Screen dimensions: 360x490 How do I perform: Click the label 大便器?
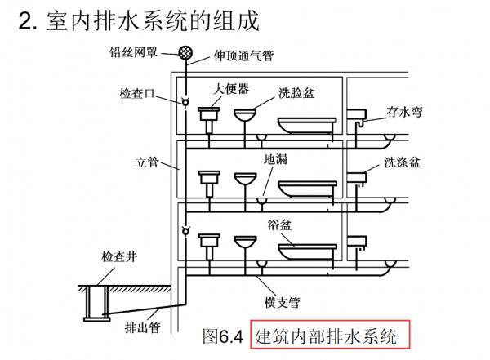point(232,87)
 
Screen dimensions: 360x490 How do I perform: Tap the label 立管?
point(146,162)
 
